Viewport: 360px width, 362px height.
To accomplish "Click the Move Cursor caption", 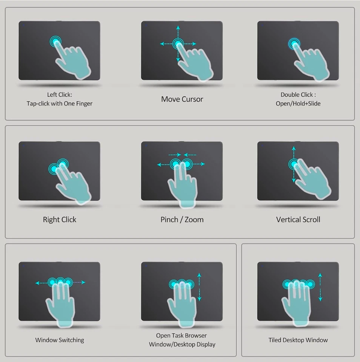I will point(182,99).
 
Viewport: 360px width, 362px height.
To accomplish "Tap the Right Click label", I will point(59,219).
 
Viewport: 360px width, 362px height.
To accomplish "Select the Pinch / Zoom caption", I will point(182,219).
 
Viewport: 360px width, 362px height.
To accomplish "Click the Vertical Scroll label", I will point(298,219).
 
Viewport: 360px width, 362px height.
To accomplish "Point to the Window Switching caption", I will point(60,340).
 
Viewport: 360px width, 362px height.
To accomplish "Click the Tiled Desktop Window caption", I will point(298,340).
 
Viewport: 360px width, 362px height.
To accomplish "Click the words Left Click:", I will point(59,95).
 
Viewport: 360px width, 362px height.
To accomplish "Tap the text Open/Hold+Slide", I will point(298,103).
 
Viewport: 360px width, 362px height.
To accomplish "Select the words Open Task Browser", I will point(182,335).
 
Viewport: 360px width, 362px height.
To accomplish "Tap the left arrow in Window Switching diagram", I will point(37,282).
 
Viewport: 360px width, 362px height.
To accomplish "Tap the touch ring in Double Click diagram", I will point(294,44).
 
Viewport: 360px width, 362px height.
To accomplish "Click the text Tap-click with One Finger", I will point(59,103).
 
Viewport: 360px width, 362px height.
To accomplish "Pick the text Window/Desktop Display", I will point(182,344).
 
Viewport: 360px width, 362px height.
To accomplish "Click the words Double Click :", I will point(298,95).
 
